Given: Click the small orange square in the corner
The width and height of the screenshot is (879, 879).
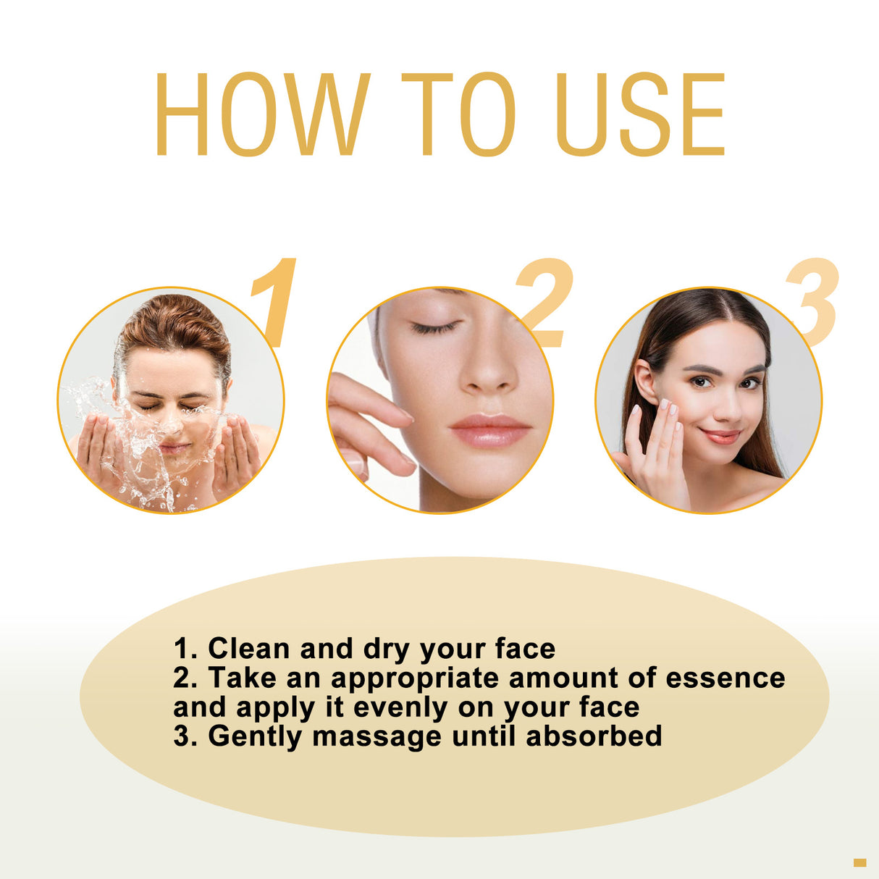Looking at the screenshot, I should click(859, 862).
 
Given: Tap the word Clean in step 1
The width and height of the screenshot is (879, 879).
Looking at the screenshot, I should click(249, 648).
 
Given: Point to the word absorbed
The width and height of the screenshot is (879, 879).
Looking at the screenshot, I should click(594, 736).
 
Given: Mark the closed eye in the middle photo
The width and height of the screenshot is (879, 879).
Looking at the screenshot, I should click(434, 327).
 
